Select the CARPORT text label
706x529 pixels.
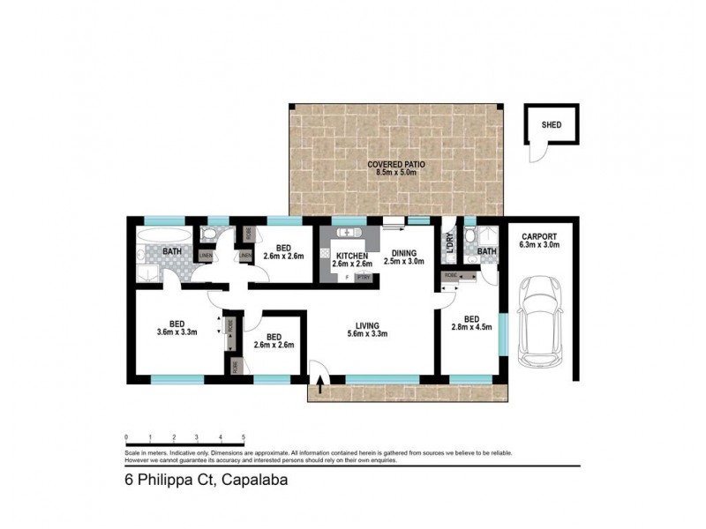(540, 237)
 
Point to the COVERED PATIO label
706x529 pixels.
(394, 165)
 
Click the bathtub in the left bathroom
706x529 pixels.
(165, 236)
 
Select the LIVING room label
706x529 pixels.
(368, 323)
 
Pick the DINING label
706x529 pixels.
(405, 251)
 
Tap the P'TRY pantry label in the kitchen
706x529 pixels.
(363, 278)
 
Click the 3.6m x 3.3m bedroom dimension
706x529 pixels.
(175, 333)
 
